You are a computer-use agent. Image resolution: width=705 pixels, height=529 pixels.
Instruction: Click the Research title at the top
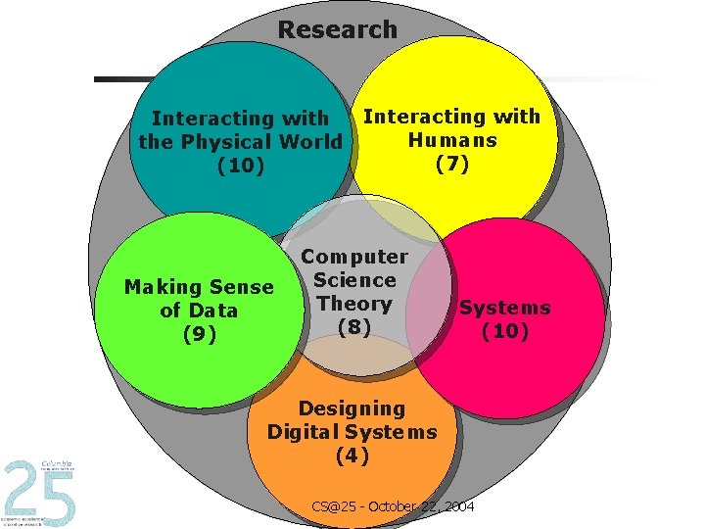pyautogui.click(x=337, y=29)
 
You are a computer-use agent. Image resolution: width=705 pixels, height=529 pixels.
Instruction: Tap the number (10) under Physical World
pyautogui.click(x=241, y=166)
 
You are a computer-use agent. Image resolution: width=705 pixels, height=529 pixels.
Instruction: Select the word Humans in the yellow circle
pyautogui.click(x=451, y=140)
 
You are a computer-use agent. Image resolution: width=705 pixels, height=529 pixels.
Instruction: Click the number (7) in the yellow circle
pyautogui.click(x=451, y=164)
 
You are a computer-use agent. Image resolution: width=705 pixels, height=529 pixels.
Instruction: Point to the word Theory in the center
pyautogui.click(x=354, y=304)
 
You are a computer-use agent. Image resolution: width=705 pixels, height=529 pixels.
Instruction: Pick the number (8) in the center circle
pyautogui.click(x=353, y=327)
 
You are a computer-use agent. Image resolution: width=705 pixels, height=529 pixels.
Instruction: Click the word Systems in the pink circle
pyautogui.click(x=505, y=308)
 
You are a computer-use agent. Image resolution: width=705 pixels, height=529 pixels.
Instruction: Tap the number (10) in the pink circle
pyautogui.click(x=505, y=331)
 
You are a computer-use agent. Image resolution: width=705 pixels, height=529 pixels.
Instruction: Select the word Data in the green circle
pyautogui.click(x=212, y=311)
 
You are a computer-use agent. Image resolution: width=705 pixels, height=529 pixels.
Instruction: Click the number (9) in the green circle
pyautogui.click(x=199, y=334)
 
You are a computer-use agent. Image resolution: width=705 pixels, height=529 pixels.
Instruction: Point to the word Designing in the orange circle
pyautogui.click(x=352, y=408)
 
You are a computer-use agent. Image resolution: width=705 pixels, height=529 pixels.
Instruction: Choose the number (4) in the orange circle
pyautogui.click(x=352, y=456)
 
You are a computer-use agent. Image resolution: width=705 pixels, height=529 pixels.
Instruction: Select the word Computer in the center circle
pyautogui.click(x=354, y=257)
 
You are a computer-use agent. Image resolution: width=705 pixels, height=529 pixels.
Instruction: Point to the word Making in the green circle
pyautogui.click(x=161, y=287)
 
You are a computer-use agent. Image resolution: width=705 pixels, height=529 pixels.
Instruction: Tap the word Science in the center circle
pyautogui.click(x=354, y=280)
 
